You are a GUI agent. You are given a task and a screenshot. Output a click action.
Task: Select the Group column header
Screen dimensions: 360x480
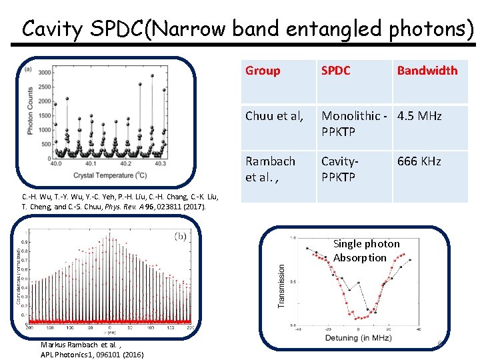pos(263,71)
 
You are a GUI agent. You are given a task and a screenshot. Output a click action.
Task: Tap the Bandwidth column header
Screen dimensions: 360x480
pos(427,71)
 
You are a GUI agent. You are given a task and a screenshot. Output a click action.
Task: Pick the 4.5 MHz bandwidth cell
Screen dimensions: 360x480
pos(419,116)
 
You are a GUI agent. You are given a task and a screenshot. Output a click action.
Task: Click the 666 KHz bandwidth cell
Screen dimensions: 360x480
pos(419,161)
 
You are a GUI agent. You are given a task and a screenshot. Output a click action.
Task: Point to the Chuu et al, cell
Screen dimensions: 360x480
pos(274,116)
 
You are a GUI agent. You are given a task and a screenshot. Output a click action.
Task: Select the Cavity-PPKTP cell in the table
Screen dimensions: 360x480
pos(340,169)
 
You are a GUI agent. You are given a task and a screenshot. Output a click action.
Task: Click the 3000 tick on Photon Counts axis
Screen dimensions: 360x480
pos(46,73)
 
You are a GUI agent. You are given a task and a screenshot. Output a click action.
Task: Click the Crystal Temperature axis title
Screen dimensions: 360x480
pos(111,175)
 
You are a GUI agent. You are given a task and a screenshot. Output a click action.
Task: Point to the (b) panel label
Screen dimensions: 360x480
pos(180,235)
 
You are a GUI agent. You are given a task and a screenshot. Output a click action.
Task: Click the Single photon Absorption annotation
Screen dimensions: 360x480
pos(366,251)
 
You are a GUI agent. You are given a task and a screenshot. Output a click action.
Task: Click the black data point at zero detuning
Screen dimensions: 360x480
pos(358,311)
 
